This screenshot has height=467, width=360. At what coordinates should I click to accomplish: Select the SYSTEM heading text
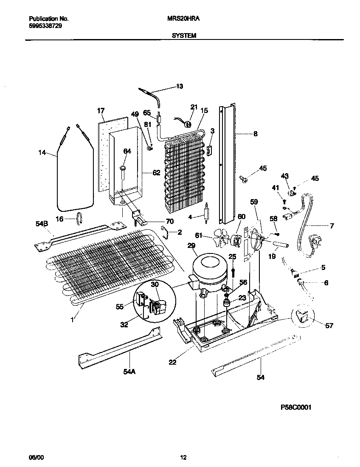point(184,36)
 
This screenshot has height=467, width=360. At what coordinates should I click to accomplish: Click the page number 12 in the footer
point(183,458)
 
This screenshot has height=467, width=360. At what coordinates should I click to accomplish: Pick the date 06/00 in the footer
point(36,458)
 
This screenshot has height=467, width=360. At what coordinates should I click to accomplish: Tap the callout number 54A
point(129,371)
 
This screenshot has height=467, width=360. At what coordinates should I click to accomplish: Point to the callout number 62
point(157,173)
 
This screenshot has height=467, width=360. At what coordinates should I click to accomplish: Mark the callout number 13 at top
point(179,86)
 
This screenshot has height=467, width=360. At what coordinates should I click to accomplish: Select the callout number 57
point(329,326)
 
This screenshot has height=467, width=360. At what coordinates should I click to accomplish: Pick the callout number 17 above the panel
point(101,111)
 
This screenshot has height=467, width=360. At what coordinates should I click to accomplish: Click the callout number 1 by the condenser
point(72,319)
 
